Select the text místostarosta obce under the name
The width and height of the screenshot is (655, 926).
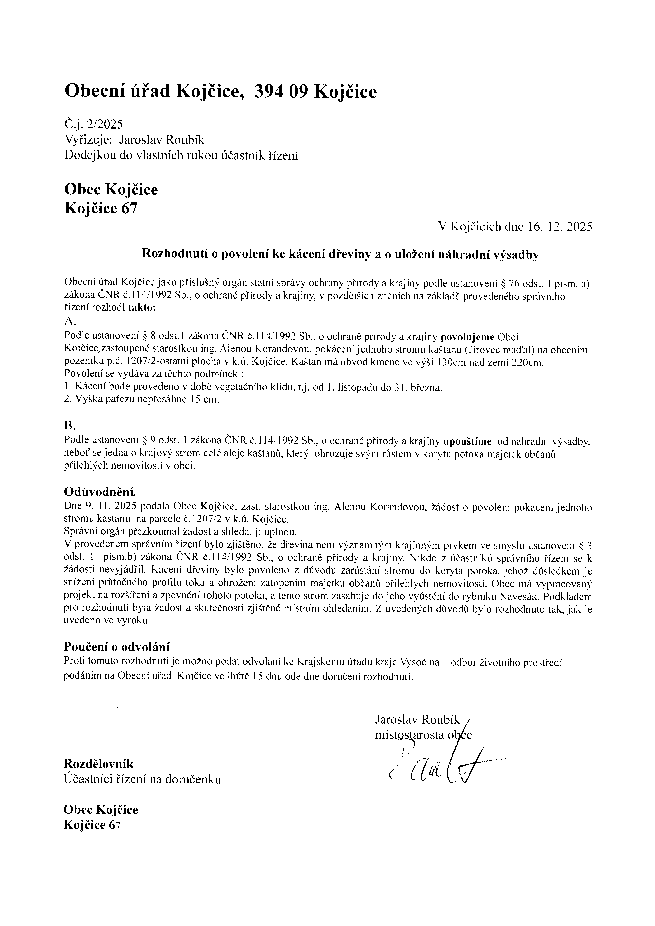click(x=423, y=735)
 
